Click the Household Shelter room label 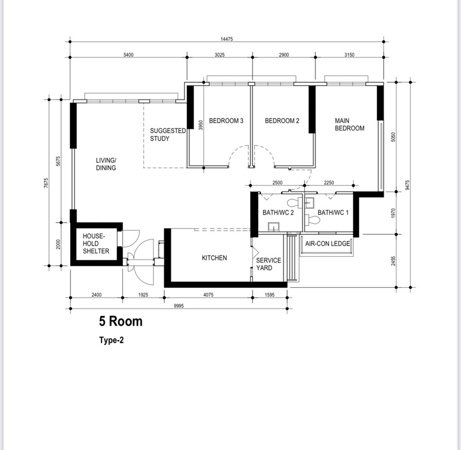96,243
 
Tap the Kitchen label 214,258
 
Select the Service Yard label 269,264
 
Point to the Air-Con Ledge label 327,243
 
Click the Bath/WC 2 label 278,212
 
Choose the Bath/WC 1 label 333,212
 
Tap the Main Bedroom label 350,124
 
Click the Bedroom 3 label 226,121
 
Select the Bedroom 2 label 282,121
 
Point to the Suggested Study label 168,135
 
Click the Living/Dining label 106,164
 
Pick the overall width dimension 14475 226,39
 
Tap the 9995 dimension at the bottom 179,306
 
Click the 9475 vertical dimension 407,185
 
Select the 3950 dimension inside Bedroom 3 201,125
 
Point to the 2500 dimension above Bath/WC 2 277,182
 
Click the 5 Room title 120,321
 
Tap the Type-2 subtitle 111,340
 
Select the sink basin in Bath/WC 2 274,226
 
